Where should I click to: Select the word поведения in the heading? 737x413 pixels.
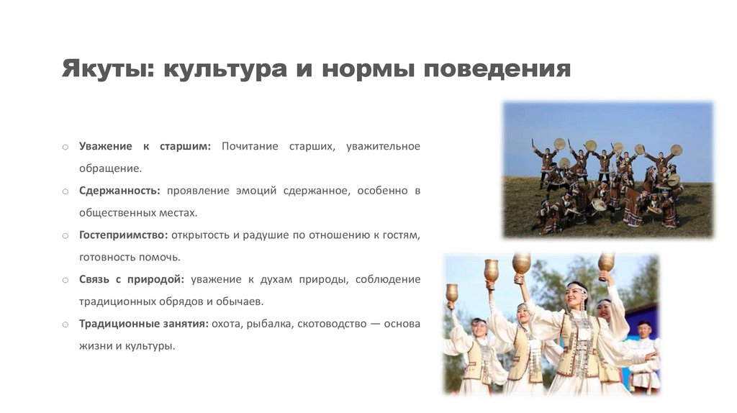pos(497,68)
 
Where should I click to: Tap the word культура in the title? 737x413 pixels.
pos(225,68)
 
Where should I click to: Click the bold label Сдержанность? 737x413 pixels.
pos(119,191)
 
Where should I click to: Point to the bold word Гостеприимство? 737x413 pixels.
pos(123,235)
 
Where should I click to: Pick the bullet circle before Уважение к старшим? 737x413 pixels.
pos(65,147)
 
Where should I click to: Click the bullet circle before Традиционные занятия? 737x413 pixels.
pos(65,324)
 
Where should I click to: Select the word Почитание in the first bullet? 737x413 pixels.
pos(250,146)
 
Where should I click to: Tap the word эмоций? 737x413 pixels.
pos(256,191)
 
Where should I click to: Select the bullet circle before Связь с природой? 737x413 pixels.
pos(65,280)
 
